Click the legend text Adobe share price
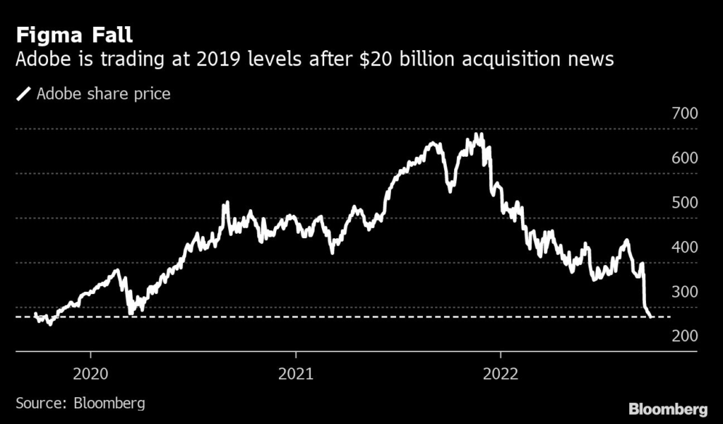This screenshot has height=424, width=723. [104, 93]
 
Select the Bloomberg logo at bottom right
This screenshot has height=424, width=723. [669, 408]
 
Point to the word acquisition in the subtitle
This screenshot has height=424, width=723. [492, 59]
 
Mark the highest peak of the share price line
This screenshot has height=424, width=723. [479, 134]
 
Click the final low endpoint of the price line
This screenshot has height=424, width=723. [650, 317]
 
